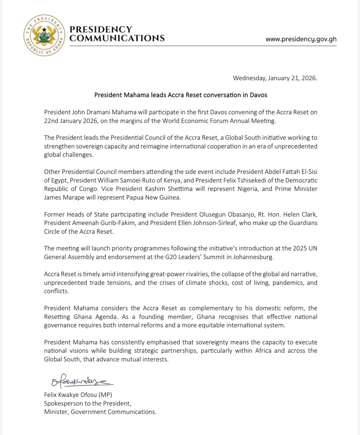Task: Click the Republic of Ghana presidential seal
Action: pyautogui.click(x=43, y=35)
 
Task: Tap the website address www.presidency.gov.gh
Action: pyautogui.click(x=301, y=39)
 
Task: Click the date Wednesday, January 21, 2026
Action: pyautogui.click(x=275, y=78)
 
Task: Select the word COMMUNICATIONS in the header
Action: pyautogui.click(x=117, y=38)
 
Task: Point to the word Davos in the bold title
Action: pyautogui.click(x=259, y=95)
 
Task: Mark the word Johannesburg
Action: pyautogui.click(x=252, y=257)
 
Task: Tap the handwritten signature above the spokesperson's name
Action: pyautogui.click(x=81, y=381)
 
